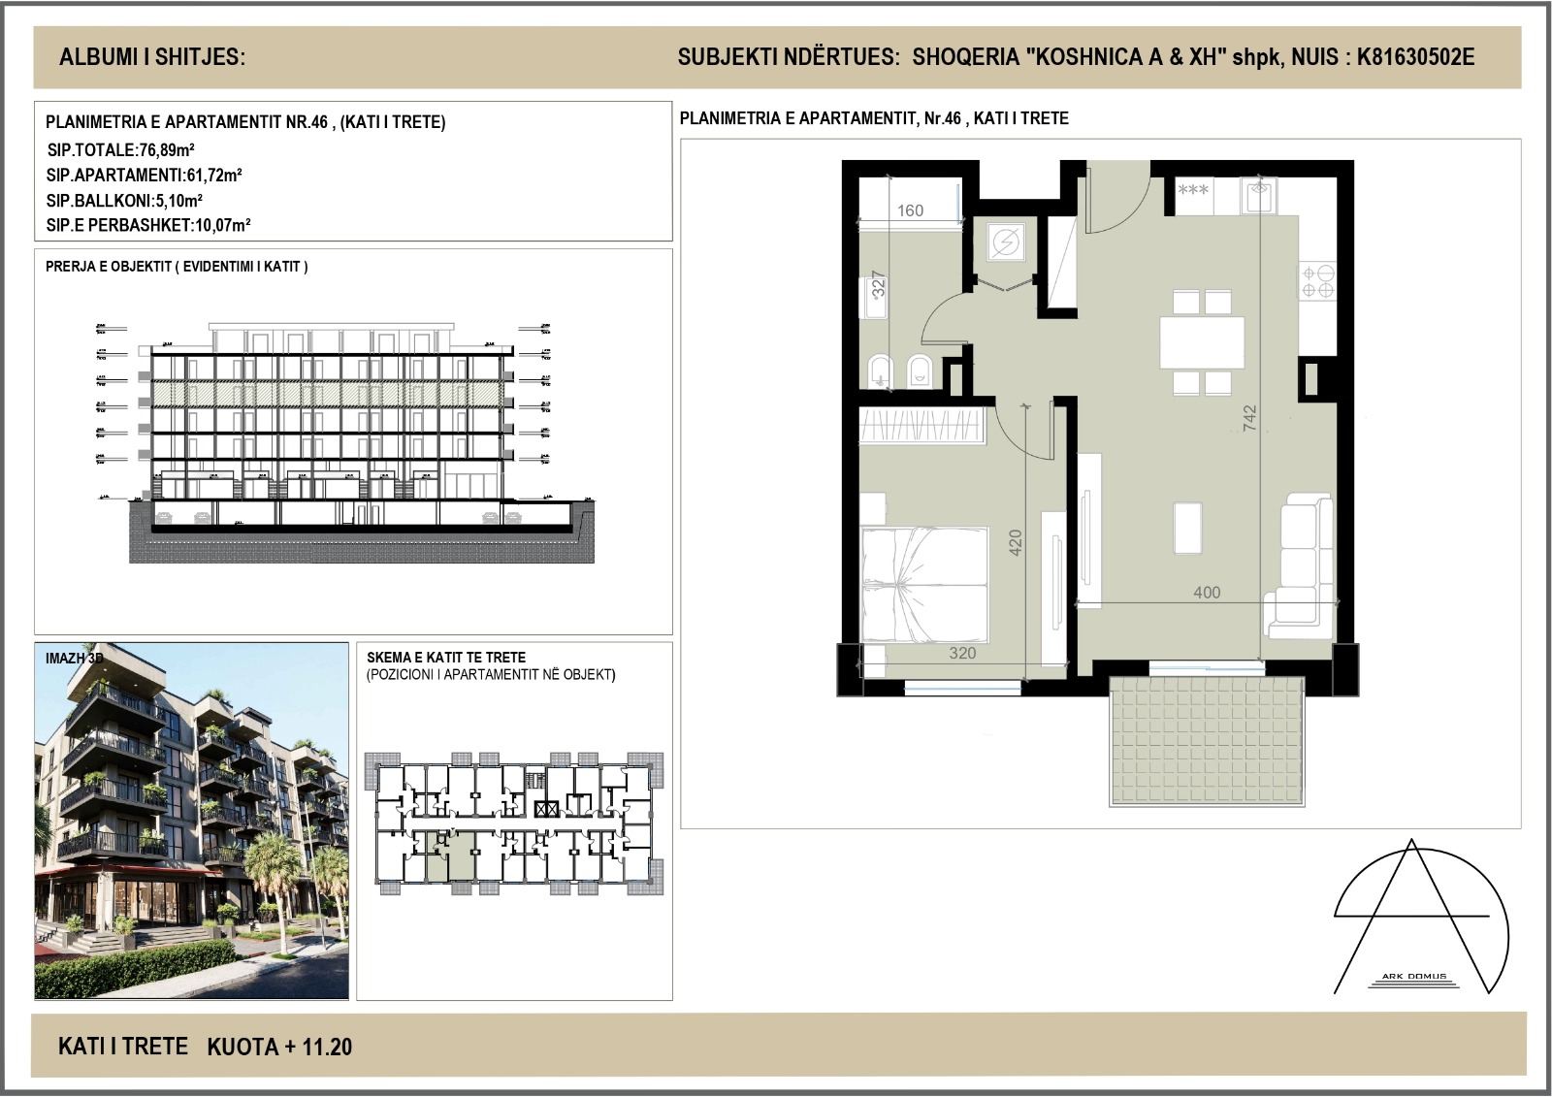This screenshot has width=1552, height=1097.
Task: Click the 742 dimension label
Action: coord(1249,418)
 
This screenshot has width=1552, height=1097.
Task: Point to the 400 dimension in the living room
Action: coord(1207,593)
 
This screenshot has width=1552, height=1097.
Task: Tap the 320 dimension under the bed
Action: coord(962,653)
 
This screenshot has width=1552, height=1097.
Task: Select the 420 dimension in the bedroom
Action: coord(1016,541)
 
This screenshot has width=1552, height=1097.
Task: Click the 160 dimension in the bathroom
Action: coord(910,210)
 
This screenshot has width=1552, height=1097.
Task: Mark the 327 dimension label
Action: coord(879,283)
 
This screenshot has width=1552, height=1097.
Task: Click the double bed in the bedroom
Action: coord(924,585)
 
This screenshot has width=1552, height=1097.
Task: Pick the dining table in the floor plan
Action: coord(1203,342)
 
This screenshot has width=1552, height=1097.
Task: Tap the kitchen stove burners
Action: coord(1317,281)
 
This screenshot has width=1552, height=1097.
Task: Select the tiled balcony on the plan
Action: coord(1205,740)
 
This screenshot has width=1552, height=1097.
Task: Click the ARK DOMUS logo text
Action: coord(1414,977)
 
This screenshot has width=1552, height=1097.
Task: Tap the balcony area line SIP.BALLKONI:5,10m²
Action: coord(124,201)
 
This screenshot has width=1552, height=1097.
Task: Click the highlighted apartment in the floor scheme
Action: coord(452,855)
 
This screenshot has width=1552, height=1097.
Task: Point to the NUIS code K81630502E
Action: coord(1415,57)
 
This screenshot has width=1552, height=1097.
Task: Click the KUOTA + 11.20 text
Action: coord(279,1047)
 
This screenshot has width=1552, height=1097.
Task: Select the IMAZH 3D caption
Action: coord(74,658)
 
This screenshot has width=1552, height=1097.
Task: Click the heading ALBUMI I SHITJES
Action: coord(152,57)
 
